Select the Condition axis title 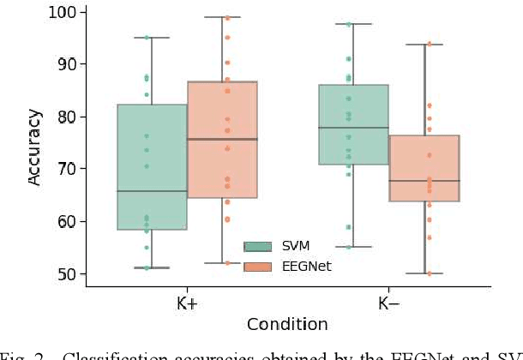(x=287, y=324)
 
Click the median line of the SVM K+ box (x=152, y=191)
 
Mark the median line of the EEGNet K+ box (x=222, y=139)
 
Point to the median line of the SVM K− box (x=353, y=128)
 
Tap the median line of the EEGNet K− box (x=424, y=181)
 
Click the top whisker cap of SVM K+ (x=152, y=38)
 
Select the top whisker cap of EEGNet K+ (x=222, y=17)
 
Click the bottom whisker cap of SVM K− (x=353, y=247)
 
